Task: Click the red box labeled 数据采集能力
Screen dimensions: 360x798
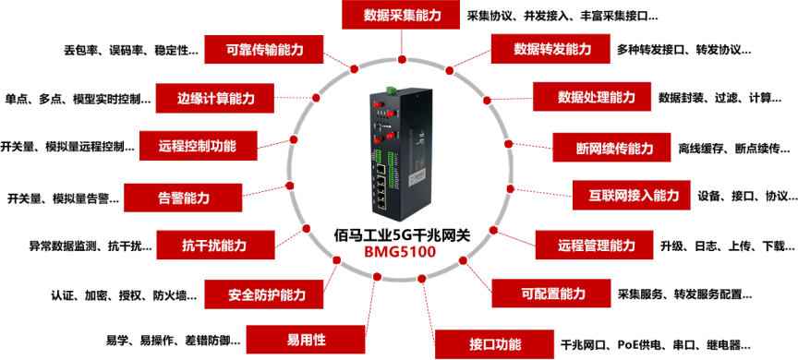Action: click(x=399, y=16)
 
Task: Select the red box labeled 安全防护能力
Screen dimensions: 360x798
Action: click(x=266, y=295)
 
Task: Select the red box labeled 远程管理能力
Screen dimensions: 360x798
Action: click(x=596, y=246)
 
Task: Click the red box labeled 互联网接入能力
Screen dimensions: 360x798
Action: click(x=627, y=196)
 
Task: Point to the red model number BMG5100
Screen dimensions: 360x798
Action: click(x=400, y=250)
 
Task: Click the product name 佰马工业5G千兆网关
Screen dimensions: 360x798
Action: click(x=400, y=233)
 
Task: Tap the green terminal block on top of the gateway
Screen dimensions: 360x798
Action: click(x=391, y=89)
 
